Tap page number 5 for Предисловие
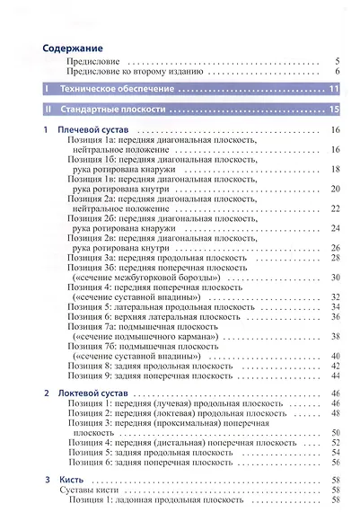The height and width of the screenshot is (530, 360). coord(336,62)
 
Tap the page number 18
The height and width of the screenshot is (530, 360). coord(335,169)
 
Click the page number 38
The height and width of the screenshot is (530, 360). coord(335,336)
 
